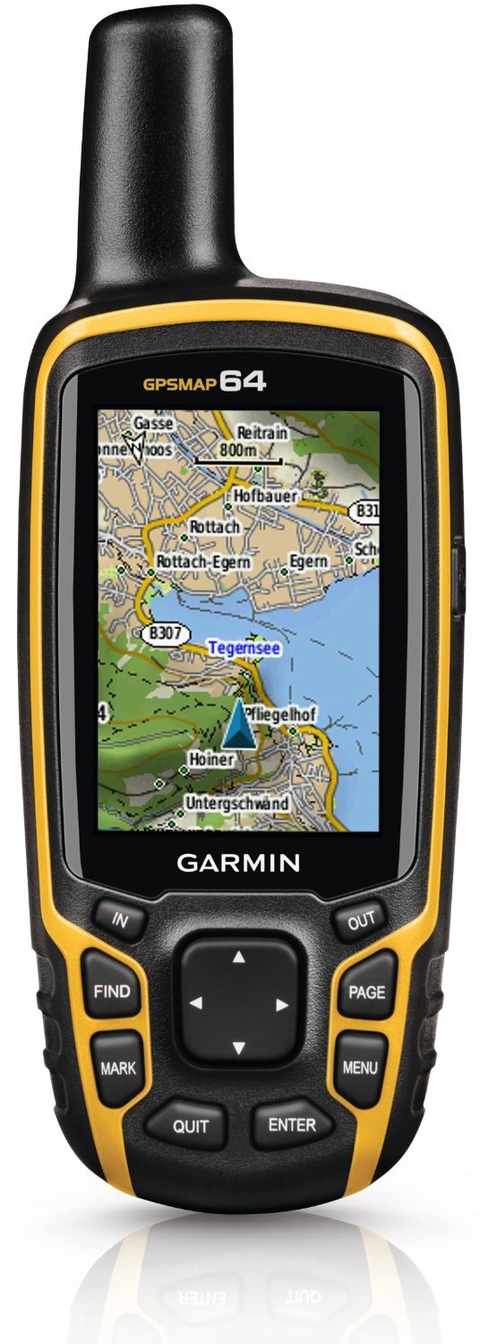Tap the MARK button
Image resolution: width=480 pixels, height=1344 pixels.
click(118, 1068)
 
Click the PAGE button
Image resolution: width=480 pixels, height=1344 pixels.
click(366, 993)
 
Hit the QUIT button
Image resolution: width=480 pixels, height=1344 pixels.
click(190, 1126)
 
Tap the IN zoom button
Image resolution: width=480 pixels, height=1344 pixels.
click(120, 918)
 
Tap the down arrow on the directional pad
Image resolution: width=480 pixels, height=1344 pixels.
click(238, 1047)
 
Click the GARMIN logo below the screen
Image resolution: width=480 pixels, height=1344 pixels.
click(237, 864)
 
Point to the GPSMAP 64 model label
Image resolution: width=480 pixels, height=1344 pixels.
click(204, 383)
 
